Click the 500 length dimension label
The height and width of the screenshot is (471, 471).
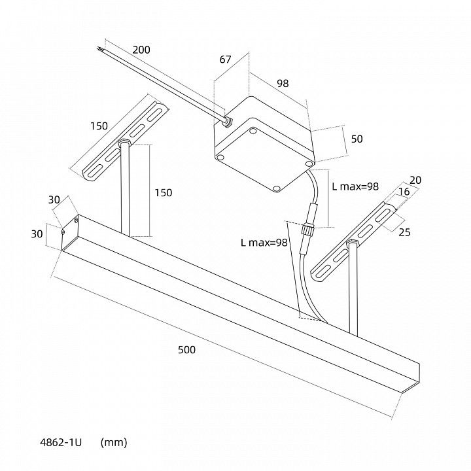coord(186,349)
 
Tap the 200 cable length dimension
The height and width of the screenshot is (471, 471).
coord(141,50)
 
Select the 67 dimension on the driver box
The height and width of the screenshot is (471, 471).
coord(225,60)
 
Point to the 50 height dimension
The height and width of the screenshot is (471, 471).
coord(357,139)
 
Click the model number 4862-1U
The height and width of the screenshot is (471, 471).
coord(61,442)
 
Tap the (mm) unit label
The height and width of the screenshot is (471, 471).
coord(114,442)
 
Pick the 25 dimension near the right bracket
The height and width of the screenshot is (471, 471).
coord(404,232)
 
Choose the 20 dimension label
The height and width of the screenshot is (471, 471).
coord(415,180)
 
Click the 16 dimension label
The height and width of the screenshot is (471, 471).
coord(404,191)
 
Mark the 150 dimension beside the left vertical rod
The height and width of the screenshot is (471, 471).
coord(163,192)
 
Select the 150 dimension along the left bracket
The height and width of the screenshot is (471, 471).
coord(99,126)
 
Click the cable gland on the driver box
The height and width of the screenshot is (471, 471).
coord(228,122)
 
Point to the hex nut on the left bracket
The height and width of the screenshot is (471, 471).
coord(124,142)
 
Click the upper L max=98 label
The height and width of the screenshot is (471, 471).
coord(355,186)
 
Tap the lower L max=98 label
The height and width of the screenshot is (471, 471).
coord(264,243)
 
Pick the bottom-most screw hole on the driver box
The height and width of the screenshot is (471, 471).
coord(277,188)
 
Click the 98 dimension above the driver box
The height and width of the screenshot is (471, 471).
coord(283,83)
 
